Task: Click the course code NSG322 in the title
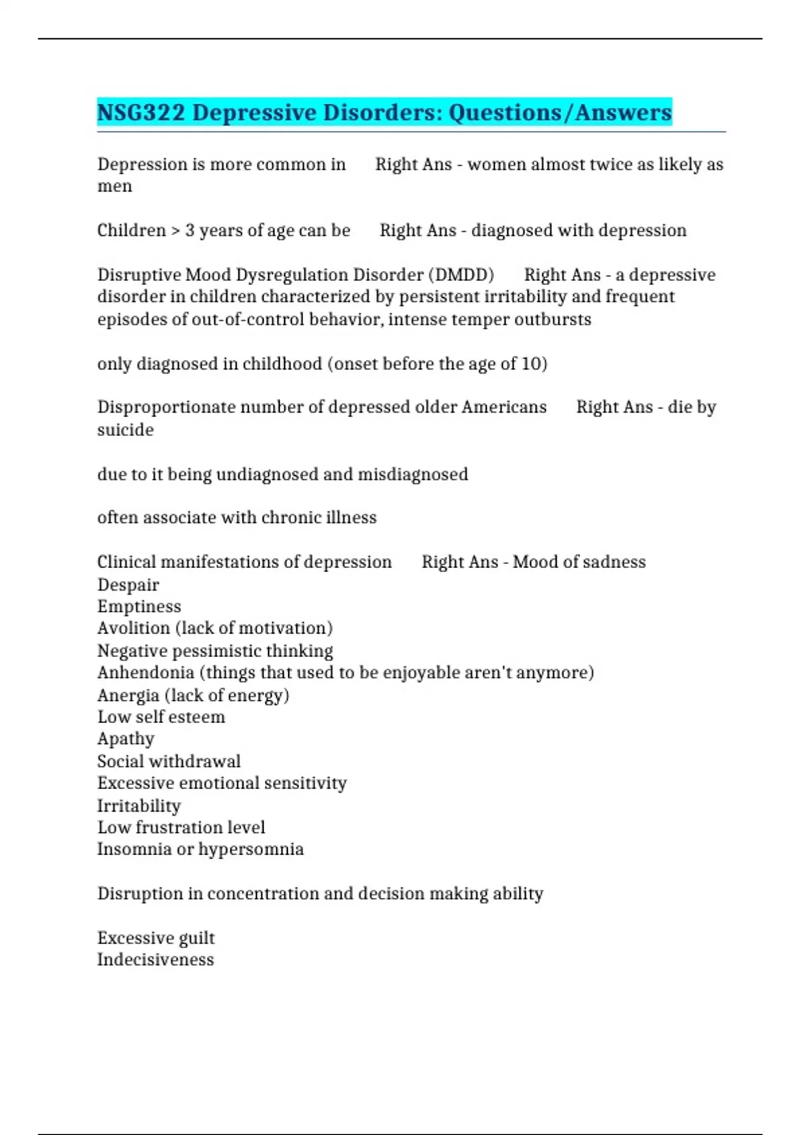coord(141,112)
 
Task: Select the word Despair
coord(128,585)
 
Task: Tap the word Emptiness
coord(139,607)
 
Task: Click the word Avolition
coord(133,628)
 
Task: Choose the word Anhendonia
coord(146,673)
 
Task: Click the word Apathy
coord(125,739)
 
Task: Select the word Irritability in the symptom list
coord(139,806)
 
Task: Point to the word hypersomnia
coord(251,849)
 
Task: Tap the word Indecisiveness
coord(156,960)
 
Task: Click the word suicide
coord(125,430)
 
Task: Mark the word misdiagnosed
coord(413,475)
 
